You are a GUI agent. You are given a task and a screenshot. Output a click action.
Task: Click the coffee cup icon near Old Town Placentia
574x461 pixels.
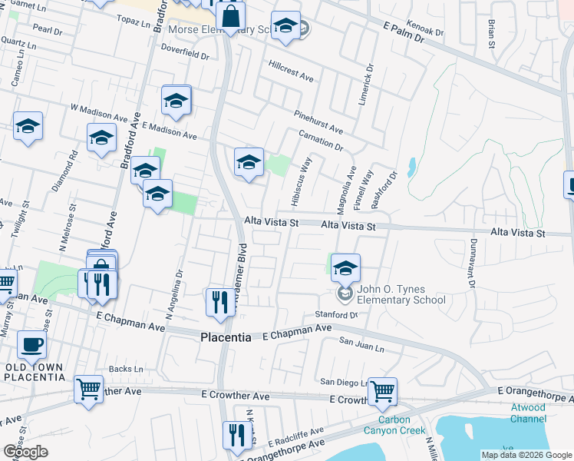[31, 346]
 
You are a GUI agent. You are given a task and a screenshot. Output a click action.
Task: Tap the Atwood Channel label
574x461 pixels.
[528, 413]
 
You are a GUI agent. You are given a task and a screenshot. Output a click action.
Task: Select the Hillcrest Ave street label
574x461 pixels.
[292, 71]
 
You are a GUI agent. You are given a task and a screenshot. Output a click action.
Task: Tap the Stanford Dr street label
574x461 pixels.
[337, 315]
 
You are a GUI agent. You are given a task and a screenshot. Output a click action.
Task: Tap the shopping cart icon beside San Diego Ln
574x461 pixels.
[381, 392]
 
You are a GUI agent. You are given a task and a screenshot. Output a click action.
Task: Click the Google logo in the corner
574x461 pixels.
[25, 452]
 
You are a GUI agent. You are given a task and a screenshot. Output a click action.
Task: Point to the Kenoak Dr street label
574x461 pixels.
[426, 28]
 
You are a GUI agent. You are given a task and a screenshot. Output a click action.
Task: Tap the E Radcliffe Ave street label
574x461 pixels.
[291, 435]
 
